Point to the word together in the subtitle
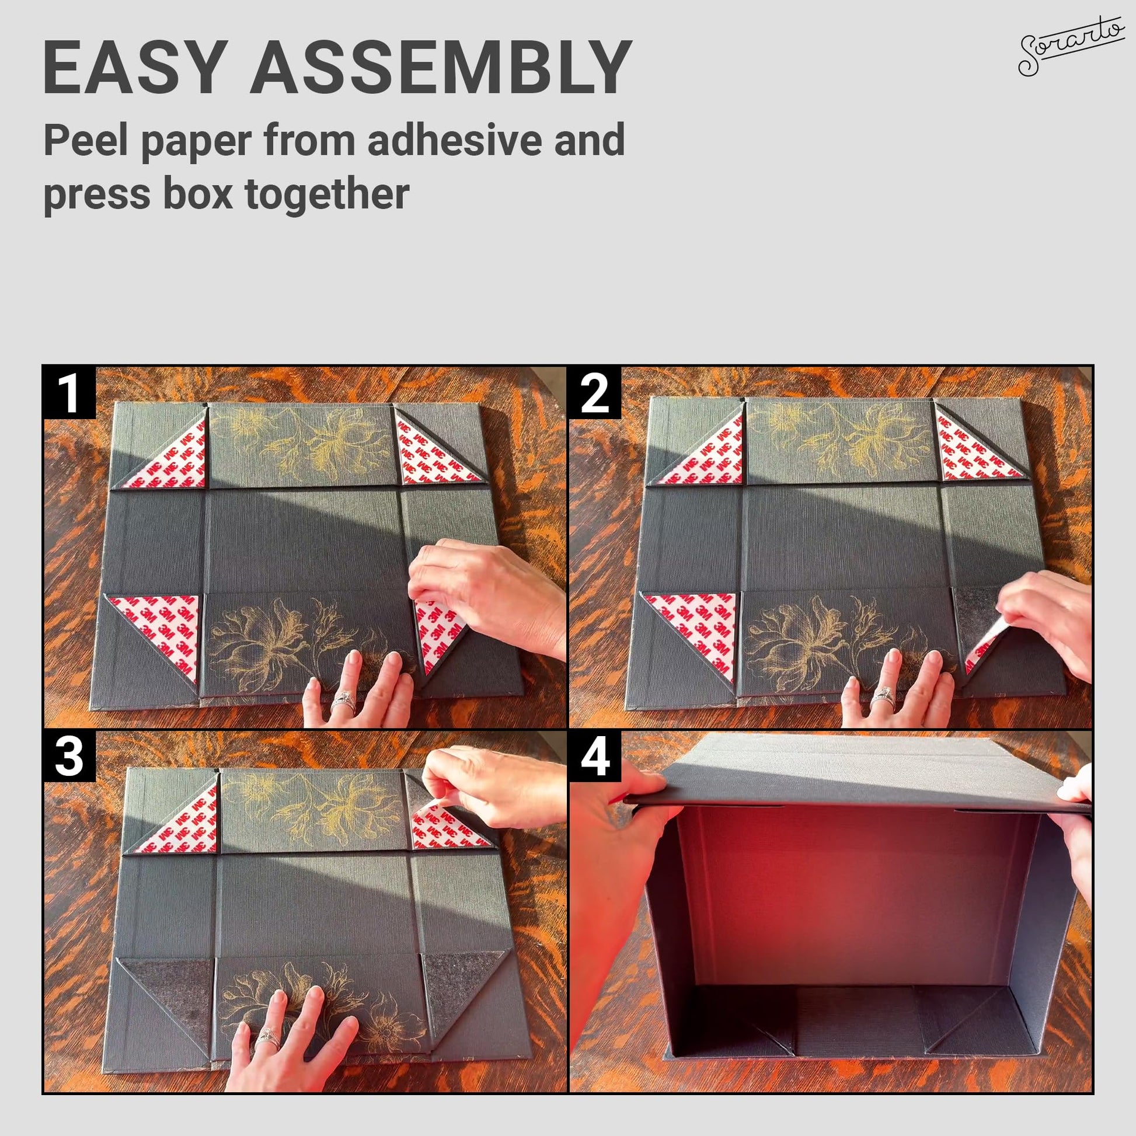click(x=326, y=195)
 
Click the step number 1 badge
click(x=69, y=393)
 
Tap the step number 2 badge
click(x=595, y=393)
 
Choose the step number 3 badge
click(x=69, y=757)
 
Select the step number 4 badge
click(x=595, y=757)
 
